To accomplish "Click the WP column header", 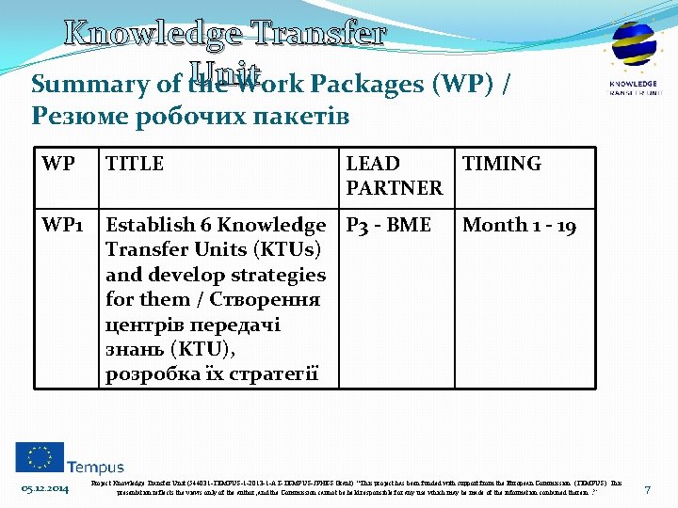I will [x=58, y=164].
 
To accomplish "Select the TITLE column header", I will [x=135, y=164].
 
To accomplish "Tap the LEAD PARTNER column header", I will [x=395, y=176].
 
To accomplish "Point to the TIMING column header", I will [x=502, y=164].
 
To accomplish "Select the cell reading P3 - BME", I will [x=389, y=226].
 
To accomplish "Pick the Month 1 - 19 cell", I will [x=520, y=226].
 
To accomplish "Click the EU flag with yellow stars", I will [x=40, y=458].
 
